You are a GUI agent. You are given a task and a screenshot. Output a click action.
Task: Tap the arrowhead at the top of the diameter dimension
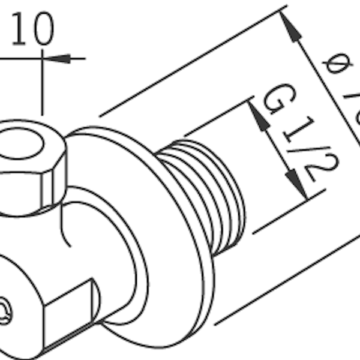coord(290,26)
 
